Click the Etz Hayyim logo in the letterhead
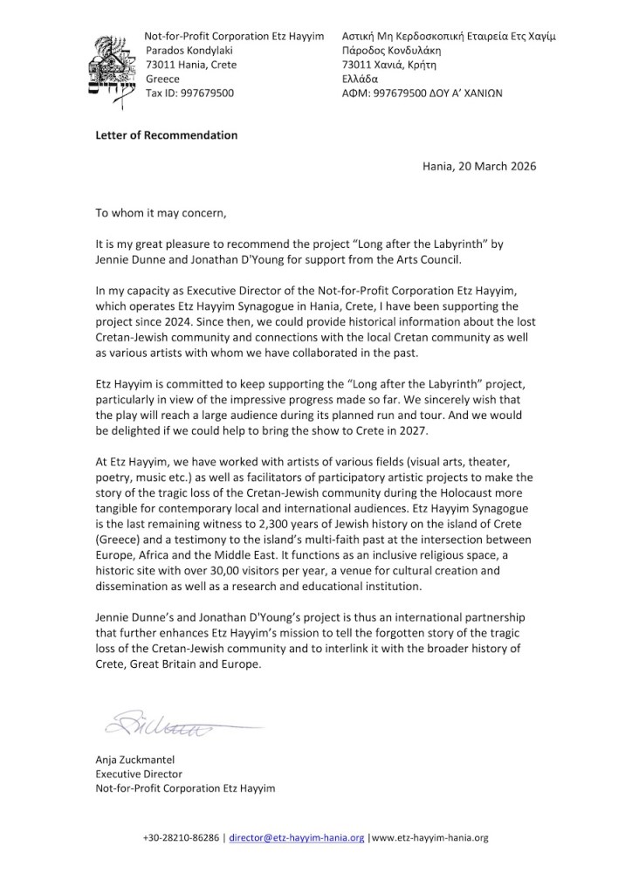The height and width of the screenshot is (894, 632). [x=115, y=65]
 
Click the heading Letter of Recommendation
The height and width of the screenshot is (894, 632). [x=166, y=135]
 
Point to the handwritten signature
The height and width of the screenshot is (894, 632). [x=166, y=724]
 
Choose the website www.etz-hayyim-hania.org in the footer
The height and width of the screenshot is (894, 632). [x=430, y=838]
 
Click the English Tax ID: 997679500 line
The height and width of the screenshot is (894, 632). [x=189, y=93]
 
